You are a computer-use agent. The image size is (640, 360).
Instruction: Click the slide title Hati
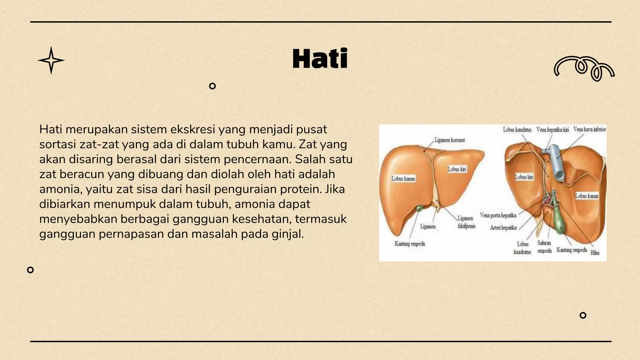(320, 59)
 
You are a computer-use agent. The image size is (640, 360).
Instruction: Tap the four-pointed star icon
(51, 60)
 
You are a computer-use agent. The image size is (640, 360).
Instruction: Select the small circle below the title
(212, 86)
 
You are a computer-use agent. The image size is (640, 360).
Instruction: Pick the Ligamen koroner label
(450, 140)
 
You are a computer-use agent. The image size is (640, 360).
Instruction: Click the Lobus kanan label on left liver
(403, 179)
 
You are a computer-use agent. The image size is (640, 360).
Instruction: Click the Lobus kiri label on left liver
(457, 169)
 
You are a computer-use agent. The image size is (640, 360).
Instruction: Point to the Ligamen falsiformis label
(466, 222)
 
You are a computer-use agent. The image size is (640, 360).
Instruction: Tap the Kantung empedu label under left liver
(410, 244)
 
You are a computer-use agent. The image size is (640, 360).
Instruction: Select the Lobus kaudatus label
(517, 129)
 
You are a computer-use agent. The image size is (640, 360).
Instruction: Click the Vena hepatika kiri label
(552, 129)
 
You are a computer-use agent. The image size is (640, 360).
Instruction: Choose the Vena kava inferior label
(589, 129)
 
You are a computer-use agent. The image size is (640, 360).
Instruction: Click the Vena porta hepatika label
(498, 215)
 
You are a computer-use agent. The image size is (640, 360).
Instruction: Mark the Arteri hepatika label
(503, 228)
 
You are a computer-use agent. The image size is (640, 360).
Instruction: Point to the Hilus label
(595, 253)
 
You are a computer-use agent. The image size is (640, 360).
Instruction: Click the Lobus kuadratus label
(522, 248)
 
